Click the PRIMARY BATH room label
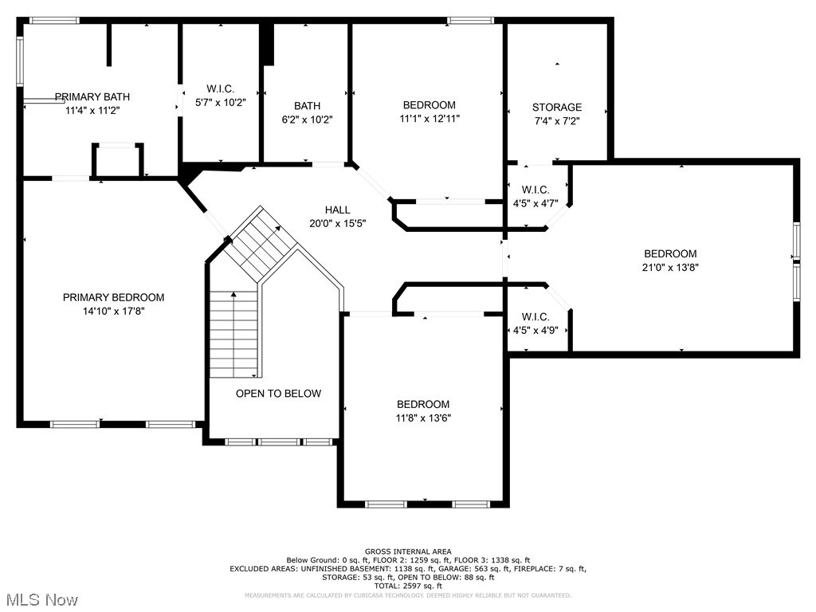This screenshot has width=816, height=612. pyautogui.click(x=92, y=96)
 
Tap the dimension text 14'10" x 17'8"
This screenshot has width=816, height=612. pyautogui.click(x=113, y=311)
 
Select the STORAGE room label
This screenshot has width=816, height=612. pyautogui.click(x=557, y=107)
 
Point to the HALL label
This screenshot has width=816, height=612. pyautogui.click(x=337, y=210)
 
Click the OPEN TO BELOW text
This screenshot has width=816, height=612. pyautogui.click(x=278, y=394)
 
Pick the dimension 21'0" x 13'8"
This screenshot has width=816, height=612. pyautogui.click(x=670, y=268)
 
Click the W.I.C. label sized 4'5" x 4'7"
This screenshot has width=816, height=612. pyautogui.click(x=535, y=190)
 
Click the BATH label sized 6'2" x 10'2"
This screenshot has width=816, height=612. pyautogui.click(x=307, y=105)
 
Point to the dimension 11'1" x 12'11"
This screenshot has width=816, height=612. pyautogui.click(x=430, y=118)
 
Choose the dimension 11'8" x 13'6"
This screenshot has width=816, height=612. pyautogui.click(x=424, y=418)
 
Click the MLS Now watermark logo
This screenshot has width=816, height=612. pyautogui.click(x=40, y=598)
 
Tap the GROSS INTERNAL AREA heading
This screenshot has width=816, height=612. pyautogui.click(x=408, y=551)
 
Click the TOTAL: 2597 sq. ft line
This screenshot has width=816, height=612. pyautogui.click(x=408, y=586)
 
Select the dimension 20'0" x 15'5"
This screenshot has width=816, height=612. pyautogui.click(x=337, y=224)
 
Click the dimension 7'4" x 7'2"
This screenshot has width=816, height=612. pyautogui.click(x=557, y=121)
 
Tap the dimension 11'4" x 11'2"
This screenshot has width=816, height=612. pyautogui.click(x=92, y=111)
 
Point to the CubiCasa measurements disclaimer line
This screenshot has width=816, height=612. pyautogui.click(x=408, y=595)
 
